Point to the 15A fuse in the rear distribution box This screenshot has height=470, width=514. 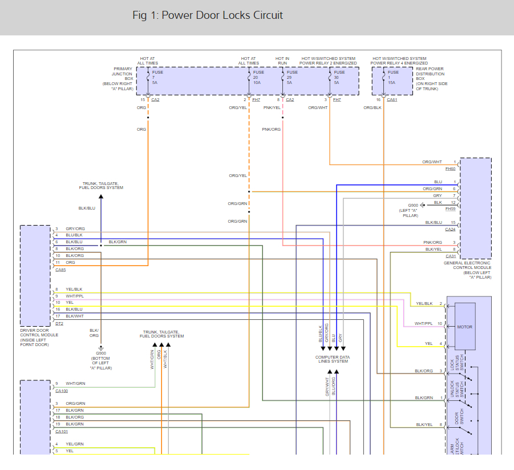click(394, 77)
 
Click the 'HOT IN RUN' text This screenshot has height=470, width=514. click(282, 61)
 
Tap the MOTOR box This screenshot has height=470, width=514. click(465, 327)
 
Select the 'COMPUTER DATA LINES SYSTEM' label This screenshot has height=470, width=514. click(333, 359)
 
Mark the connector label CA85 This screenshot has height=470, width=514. click(61, 269)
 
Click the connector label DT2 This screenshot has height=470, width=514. click(59, 323)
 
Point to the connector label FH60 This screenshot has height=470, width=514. click(451, 169)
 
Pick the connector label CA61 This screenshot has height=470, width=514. click(392, 100)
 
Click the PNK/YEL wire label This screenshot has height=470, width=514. click(272, 107)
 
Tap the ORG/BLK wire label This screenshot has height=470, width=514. click(373, 107)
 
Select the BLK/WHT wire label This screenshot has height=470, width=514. click(74, 316)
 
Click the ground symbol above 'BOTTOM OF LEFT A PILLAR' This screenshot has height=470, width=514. click(101, 347)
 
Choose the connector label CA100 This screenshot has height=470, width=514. click(62, 391)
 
